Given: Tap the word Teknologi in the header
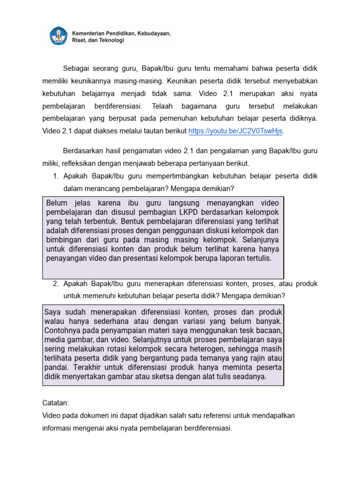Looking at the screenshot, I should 111,41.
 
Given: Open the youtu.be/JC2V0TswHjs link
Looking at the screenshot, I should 236,131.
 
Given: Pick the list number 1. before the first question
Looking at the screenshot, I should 55,176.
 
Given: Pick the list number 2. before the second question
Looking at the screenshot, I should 55,284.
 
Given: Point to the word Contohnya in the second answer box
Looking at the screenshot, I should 63,330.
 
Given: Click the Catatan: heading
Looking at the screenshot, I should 55,403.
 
